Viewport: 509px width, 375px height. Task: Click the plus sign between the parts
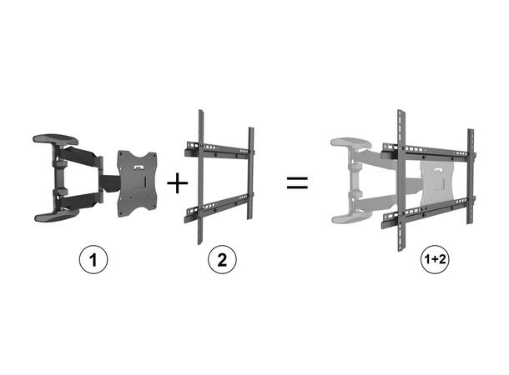[x=178, y=182]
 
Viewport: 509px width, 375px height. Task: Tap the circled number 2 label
[x=221, y=259]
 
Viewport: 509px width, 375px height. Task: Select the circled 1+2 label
[x=436, y=259]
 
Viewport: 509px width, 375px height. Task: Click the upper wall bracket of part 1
[x=57, y=138]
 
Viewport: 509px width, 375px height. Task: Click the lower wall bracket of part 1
[x=57, y=215]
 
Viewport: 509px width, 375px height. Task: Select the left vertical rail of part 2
[x=199, y=179]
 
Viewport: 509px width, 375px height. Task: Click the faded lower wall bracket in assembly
[x=350, y=218]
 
